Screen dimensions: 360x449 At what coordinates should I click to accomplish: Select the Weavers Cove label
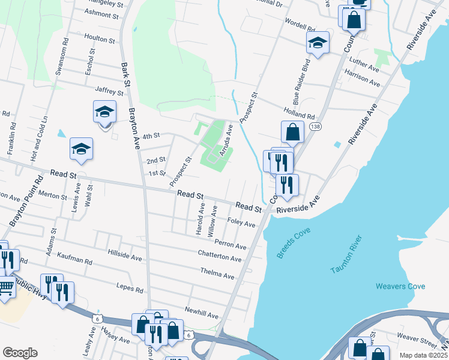click(x=400, y=286)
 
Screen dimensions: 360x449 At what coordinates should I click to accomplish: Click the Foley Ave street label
click(x=241, y=223)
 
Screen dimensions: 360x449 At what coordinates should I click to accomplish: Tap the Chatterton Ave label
click(x=220, y=256)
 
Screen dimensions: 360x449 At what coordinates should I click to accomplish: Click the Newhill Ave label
click(x=202, y=313)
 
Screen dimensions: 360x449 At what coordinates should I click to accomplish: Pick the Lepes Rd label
click(x=130, y=289)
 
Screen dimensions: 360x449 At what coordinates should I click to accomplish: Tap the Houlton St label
click(x=100, y=40)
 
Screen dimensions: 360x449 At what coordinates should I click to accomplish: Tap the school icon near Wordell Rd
click(x=318, y=42)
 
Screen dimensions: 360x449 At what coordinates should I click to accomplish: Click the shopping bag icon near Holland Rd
click(x=292, y=132)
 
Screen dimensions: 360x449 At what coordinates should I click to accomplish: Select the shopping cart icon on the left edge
click(x=5, y=288)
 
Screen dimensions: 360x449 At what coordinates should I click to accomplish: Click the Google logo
click(x=20, y=353)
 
